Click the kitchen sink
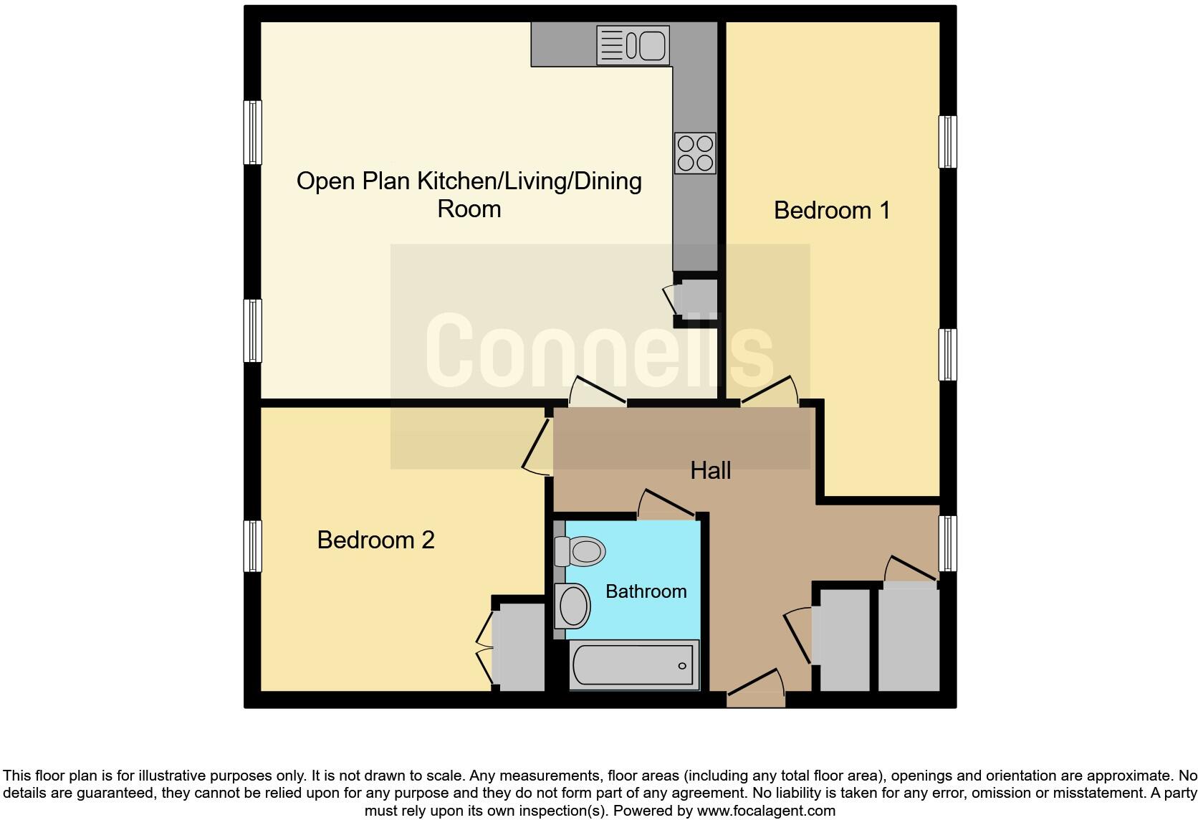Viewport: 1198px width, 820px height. coord(633,45)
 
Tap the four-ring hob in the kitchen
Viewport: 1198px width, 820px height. coord(694,153)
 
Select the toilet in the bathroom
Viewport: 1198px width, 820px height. coord(580,552)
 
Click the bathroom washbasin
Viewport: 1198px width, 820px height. coord(572,606)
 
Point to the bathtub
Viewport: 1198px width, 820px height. coord(634,665)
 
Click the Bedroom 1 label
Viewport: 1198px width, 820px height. coord(831,210)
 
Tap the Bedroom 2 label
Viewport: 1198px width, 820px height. coord(375,540)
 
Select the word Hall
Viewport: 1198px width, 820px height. coord(710,470)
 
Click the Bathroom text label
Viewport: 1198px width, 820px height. coord(646,591)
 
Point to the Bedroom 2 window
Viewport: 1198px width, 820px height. coord(252,545)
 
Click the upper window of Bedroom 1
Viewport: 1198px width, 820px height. coord(947,141)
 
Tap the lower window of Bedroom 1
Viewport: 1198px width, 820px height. coord(947,354)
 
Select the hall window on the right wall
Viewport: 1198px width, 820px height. coord(947,543)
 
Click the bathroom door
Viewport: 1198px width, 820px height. coord(666,503)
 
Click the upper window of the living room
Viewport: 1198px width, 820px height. coord(252,132)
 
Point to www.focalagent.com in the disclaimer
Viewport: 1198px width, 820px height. coord(766,811)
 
